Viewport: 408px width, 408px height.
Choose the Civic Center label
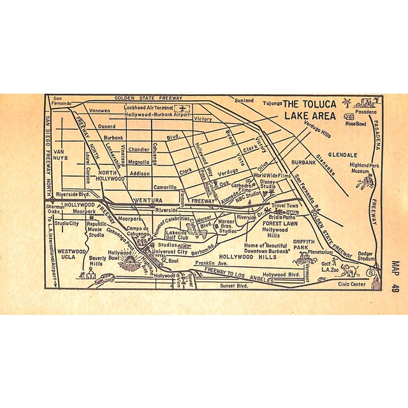click(x=356, y=284)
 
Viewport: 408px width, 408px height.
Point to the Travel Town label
click(x=286, y=207)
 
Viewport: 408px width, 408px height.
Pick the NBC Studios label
click(x=246, y=193)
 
